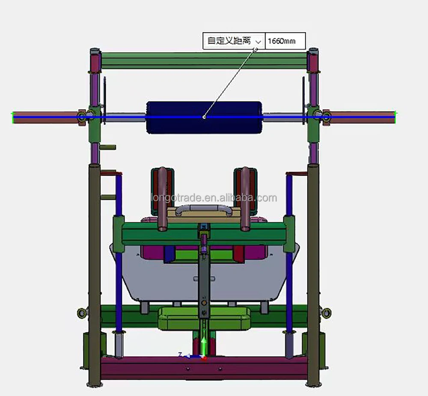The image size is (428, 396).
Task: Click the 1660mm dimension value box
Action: click(x=285, y=41)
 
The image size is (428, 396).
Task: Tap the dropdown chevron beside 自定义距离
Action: click(x=258, y=42)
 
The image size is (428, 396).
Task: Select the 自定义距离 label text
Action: click(x=229, y=41)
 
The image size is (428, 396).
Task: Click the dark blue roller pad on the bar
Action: click(x=204, y=117)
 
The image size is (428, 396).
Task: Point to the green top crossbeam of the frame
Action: click(x=204, y=60)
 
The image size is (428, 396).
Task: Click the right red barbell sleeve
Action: click(x=362, y=117)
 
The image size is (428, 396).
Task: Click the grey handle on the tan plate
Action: click(x=204, y=211)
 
